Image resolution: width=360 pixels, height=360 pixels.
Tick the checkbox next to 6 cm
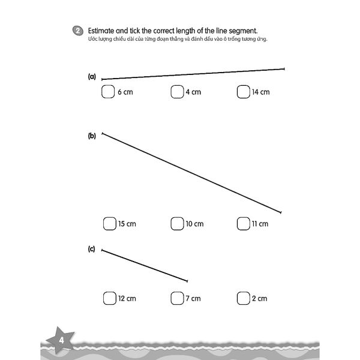point(108,92)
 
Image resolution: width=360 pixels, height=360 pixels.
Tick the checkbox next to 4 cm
point(176,92)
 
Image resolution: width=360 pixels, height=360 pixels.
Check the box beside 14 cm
point(243,92)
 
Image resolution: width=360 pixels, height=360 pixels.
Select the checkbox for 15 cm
point(109,224)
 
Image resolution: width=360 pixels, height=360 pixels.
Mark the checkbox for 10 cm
point(176,224)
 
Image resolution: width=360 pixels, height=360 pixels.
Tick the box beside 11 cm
point(243,224)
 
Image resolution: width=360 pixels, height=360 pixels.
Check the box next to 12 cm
point(109,298)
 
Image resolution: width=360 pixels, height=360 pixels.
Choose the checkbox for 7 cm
point(176,298)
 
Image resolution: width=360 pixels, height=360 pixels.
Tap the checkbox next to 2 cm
point(243,298)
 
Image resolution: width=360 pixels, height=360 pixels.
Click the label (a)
point(92,77)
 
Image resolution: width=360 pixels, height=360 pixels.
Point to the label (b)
point(92,136)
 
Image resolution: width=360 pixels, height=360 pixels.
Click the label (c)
point(92,248)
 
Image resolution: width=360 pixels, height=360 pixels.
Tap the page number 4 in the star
point(61,342)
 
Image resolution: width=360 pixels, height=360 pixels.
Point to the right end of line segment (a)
point(284,69)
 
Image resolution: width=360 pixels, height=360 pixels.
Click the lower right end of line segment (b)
point(281,212)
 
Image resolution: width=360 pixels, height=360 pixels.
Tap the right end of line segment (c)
point(188,281)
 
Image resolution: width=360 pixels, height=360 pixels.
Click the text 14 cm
point(260,92)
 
